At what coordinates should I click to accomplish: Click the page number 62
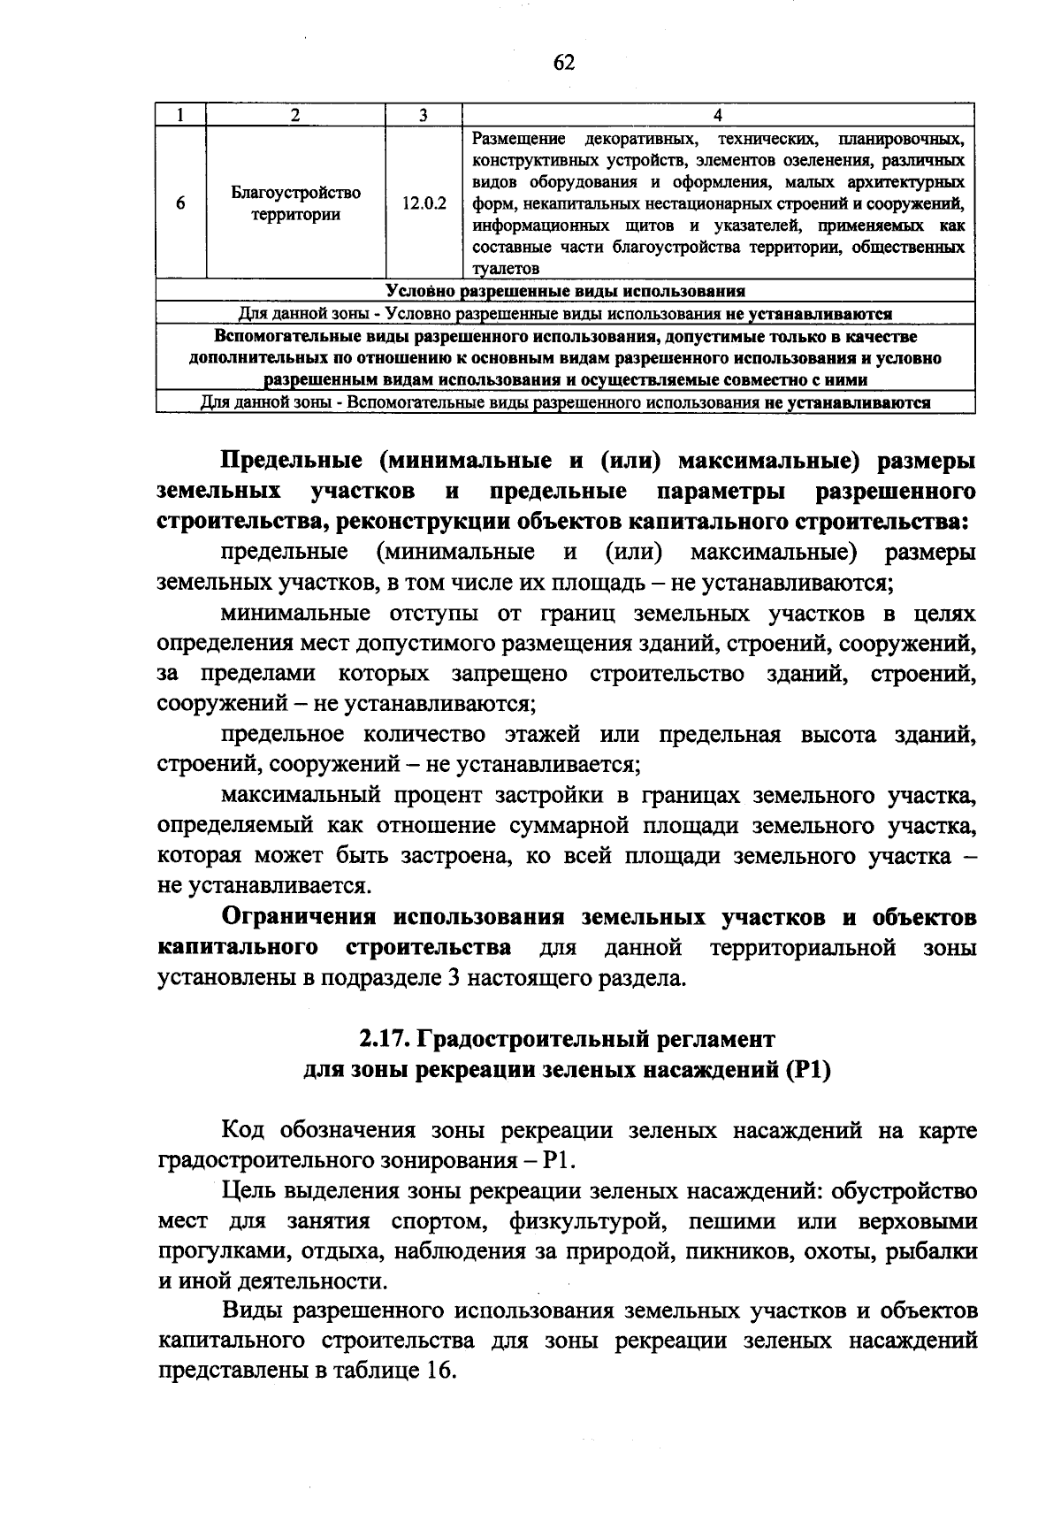coord(564,61)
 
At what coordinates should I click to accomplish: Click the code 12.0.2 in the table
coord(424,203)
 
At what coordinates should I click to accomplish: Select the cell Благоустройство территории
coord(295,203)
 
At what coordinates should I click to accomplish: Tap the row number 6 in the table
coord(180,203)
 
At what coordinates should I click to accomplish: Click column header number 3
coord(424,114)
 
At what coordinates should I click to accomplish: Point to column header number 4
coord(717,114)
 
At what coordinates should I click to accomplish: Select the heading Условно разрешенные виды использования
coord(565,291)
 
